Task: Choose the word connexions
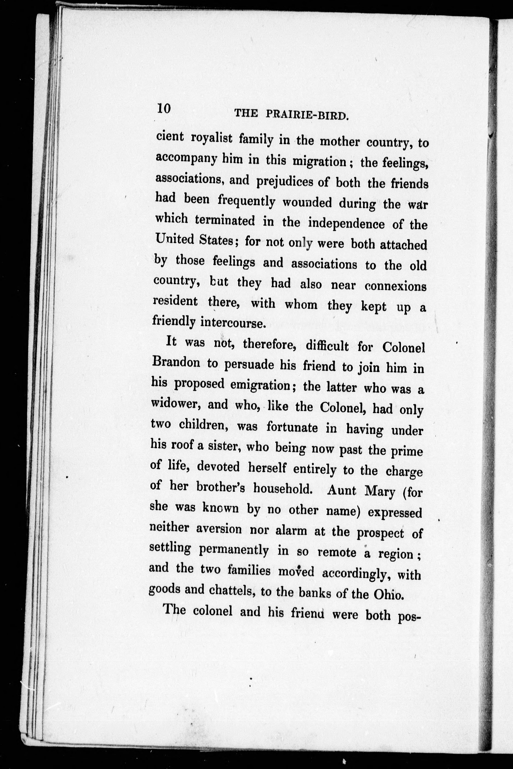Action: click(x=395, y=286)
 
